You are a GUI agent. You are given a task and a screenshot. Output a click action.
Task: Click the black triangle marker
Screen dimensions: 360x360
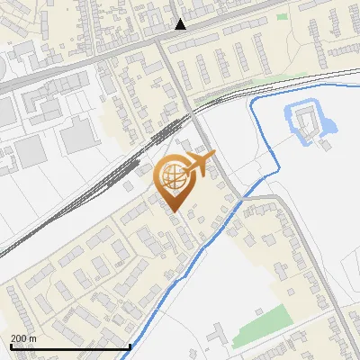click(x=181, y=24)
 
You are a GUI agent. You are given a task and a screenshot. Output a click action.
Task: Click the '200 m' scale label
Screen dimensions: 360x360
click(x=24, y=338)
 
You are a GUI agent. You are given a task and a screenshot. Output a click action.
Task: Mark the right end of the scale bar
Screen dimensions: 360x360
click(x=130, y=346)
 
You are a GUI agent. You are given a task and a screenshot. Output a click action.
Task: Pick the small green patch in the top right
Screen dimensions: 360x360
click(x=283, y=16)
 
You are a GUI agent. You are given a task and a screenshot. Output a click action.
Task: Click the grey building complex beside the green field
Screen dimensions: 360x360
click(x=221, y=335)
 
